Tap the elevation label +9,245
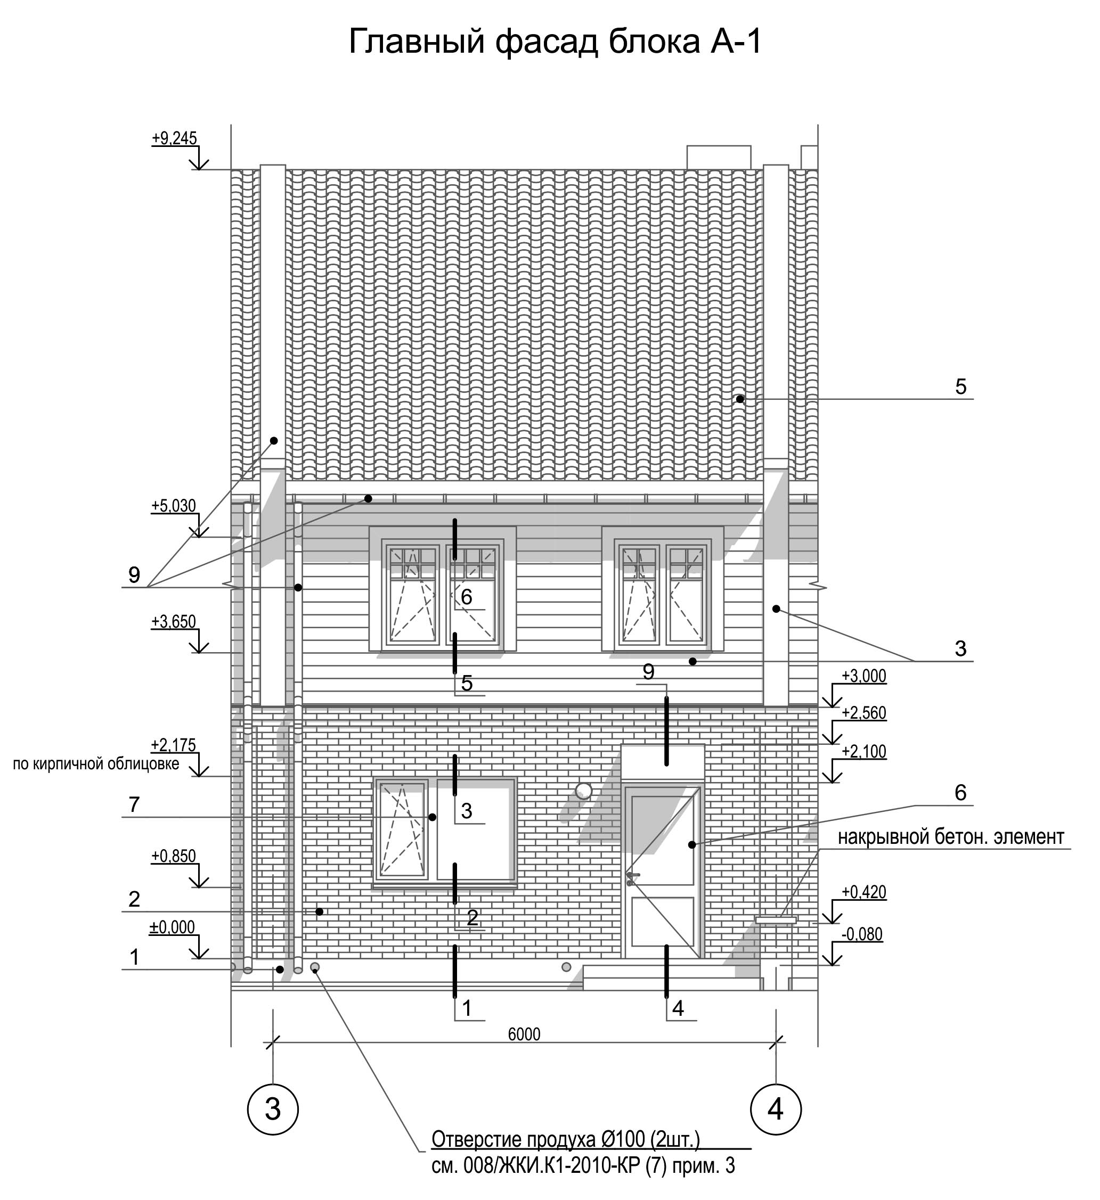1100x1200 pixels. (x=174, y=139)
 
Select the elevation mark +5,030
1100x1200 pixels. (x=173, y=506)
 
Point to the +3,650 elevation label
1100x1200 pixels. (x=173, y=621)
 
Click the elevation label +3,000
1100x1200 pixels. (x=863, y=676)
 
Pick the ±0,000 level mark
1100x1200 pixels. (x=172, y=927)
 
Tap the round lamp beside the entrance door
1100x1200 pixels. (x=584, y=791)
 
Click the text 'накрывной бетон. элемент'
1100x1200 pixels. (x=951, y=837)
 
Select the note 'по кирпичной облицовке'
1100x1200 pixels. (x=96, y=763)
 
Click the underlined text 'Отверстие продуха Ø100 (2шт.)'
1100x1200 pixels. (x=565, y=1139)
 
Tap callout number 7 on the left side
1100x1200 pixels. (x=134, y=805)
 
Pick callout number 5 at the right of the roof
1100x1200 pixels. (x=960, y=387)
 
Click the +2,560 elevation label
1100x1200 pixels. (x=863, y=712)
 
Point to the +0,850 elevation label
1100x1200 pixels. (x=173, y=856)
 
